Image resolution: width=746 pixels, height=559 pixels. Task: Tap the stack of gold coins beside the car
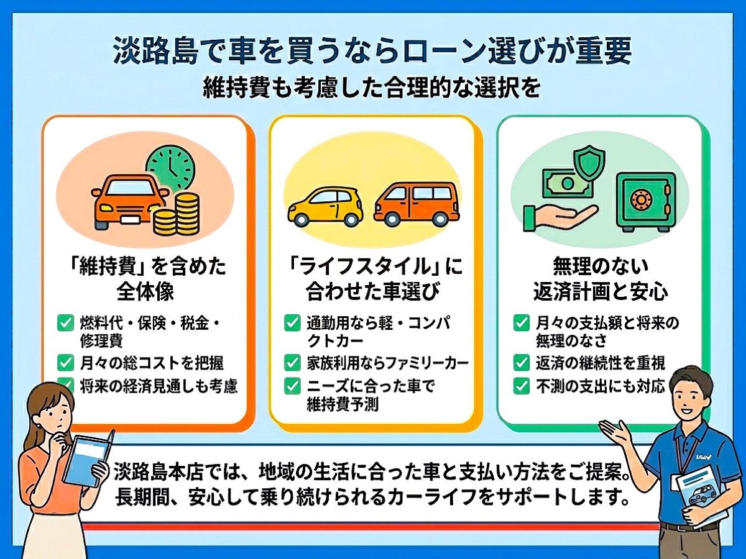coord(176,214)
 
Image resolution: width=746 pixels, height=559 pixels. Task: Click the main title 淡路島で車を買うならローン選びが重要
coord(372,50)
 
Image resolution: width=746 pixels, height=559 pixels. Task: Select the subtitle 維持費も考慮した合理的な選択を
coord(372,88)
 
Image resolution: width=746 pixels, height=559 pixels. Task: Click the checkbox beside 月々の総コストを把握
coord(66,363)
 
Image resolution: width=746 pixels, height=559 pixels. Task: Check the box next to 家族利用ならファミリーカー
coord(292,363)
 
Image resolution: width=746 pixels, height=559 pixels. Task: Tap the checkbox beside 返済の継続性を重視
coord(522,363)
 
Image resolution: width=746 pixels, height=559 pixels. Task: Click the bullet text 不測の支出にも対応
coord(600,386)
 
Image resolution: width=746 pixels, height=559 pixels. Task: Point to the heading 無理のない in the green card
coord(601,266)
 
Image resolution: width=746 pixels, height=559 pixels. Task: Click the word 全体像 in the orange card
coord(145,291)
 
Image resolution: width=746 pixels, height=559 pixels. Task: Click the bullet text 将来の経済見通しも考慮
coord(159,386)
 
